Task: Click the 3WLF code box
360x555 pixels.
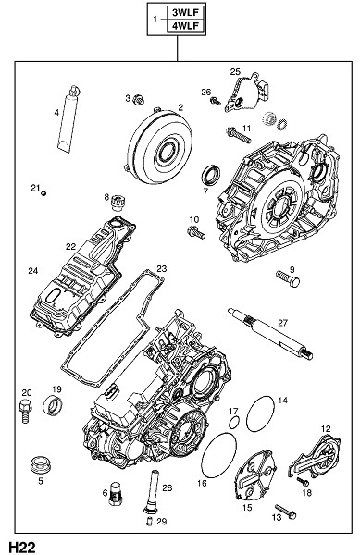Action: pyautogui.click(x=186, y=13)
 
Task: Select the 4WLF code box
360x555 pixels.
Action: pyautogui.click(x=186, y=26)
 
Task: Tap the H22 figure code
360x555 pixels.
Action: pyautogui.click(x=22, y=547)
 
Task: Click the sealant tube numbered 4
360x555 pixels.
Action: pyautogui.click(x=68, y=119)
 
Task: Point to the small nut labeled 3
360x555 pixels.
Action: pyautogui.click(x=139, y=100)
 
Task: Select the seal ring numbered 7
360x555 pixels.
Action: pyautogui.click(x=211, y=175)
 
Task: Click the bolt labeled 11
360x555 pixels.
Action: pyautogui.click(x=239, y=135)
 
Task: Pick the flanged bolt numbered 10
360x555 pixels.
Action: pyautogui.click(x=196, y=233)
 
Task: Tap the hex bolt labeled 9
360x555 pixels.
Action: pyautogui.click(x=288, y=279)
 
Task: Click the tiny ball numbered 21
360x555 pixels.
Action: pyautogui.click(x=43, y=193)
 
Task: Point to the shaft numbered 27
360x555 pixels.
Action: pyautogui.click(x=270, y=333)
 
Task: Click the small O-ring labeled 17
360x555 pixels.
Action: pyautogui.click(x=233, y=422)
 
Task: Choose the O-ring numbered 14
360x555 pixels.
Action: pyautogui.click(x=261, y=413)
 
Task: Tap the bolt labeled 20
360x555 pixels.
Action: pyautogui.click(x=26, y=411)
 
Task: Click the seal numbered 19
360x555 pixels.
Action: pyautogui.click(x=53, y=405)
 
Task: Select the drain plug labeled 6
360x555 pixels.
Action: pyautogui.click(x=114, y=493)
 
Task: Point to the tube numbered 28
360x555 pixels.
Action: pyautogui.click(x=150, y=491)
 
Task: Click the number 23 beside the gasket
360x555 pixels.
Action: pyautogui.click(x=161, y=269)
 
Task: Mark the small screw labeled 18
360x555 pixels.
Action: pyautogui.click(x=303, y=481)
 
